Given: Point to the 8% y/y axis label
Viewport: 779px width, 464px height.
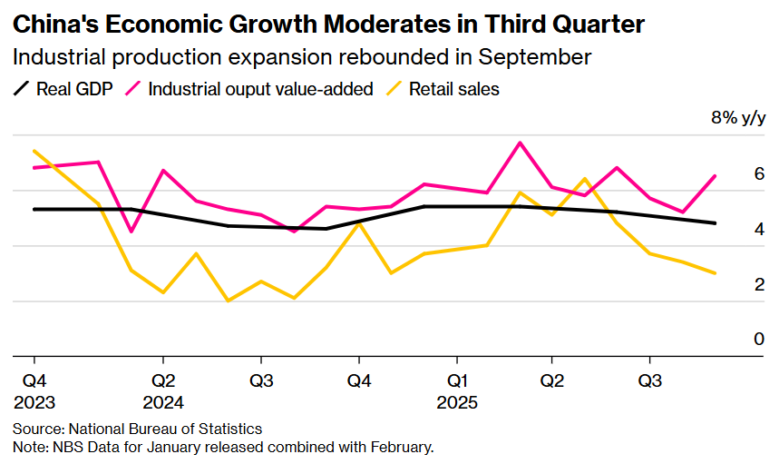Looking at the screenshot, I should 738,118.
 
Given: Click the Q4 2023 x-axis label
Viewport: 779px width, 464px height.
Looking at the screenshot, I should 34,390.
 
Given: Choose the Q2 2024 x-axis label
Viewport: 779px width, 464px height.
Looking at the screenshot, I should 163,390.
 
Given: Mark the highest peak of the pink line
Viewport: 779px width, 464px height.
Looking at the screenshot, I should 520,143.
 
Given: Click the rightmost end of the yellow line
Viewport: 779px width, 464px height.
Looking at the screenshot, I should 716,273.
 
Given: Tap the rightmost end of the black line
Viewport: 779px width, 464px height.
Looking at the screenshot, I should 716,223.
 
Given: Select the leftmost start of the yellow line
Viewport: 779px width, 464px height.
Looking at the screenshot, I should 34,151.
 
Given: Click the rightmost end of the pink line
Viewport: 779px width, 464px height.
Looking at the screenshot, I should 716,176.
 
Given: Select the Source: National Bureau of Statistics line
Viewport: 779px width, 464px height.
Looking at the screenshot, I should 137,429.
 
